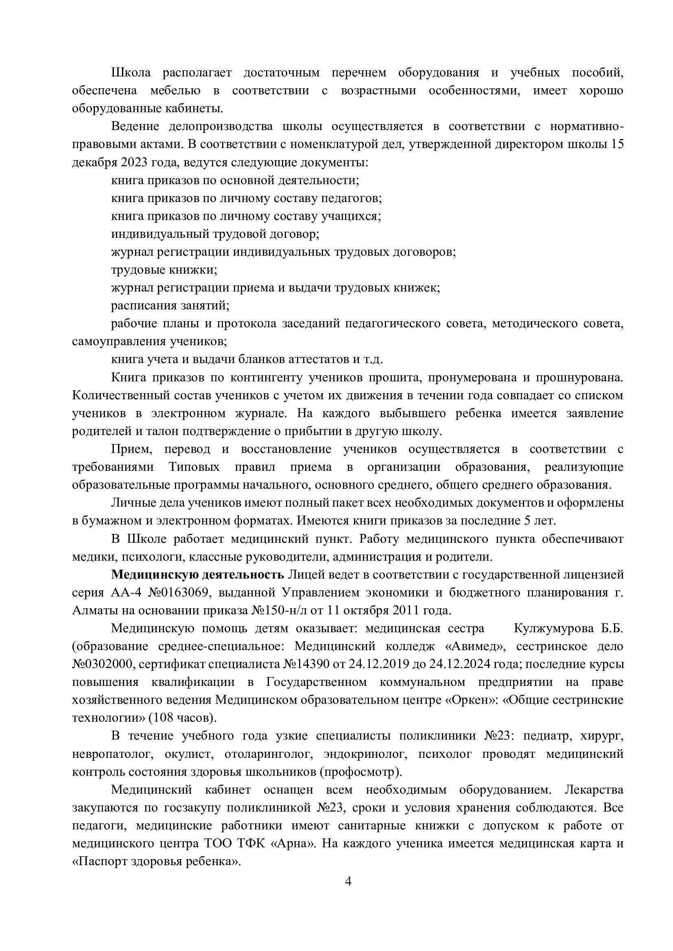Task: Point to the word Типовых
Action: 194,467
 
